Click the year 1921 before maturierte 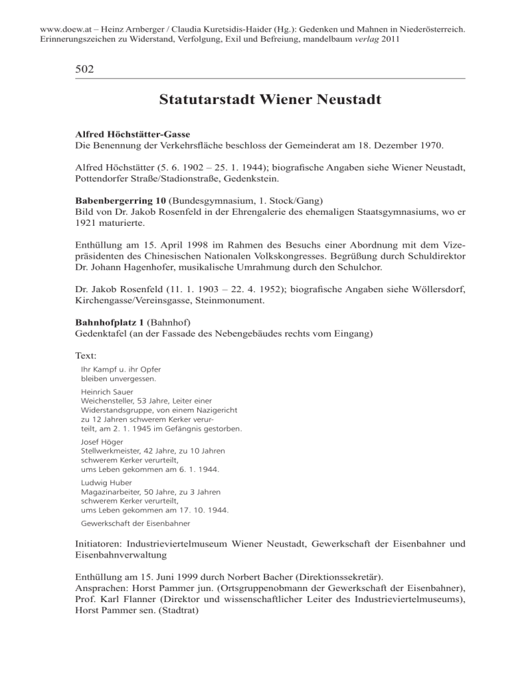[x=87, y=226]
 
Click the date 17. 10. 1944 [x=203, y=510]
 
